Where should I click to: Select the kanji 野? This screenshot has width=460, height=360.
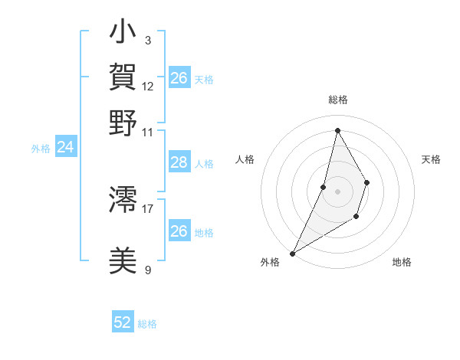click(x=123, y=123)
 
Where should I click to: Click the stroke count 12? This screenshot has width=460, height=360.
click(x=148, y=86)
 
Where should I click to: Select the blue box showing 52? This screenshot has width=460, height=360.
click(x=123, y=322)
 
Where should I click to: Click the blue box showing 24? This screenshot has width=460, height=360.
click(x=65, y=147)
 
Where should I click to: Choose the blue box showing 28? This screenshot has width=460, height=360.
click(x=179, y=162)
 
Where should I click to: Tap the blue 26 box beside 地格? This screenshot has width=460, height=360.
click(x=179, y=231)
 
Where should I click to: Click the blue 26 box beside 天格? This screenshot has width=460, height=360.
click(x=179, y=78)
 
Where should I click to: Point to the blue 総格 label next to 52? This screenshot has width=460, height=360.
click(x=147, y=324)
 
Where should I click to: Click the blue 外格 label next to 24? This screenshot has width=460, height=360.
click(x=41, y=149)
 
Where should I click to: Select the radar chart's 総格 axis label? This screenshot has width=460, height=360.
click(x=337, y=100)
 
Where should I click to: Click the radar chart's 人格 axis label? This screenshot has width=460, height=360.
click(x=245, y=159)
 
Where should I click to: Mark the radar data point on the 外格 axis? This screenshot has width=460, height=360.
click(x=292, y=254)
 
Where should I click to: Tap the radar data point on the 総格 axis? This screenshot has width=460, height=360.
click(x=337, y=130)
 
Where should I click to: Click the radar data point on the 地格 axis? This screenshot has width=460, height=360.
click(x=356, y=218)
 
